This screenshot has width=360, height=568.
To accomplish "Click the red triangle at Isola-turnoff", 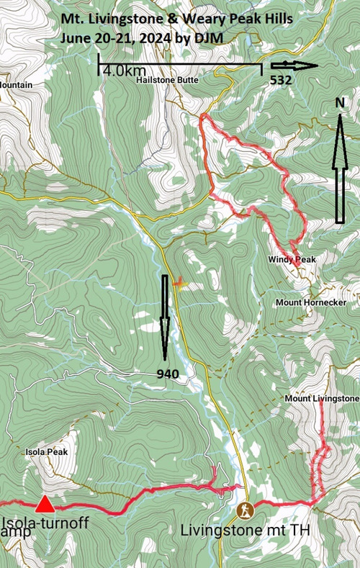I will point(45,503).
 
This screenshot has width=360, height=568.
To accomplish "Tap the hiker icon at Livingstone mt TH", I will point(246,510).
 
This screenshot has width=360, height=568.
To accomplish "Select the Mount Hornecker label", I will point(310,303).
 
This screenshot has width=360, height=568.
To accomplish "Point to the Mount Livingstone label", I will point(321,398).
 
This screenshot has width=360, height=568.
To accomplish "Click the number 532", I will point(280,81).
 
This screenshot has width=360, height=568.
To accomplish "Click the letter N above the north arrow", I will point(340,103).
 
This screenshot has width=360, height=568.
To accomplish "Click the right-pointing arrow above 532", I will point(294,66).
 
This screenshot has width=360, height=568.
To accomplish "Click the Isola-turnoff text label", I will point(46,523).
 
